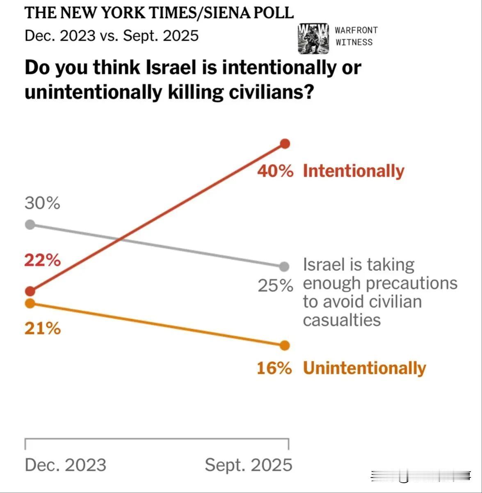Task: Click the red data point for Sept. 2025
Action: point(285,144)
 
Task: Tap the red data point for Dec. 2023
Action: point(30,291)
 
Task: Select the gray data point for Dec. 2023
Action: point(30,225)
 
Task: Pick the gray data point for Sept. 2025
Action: point(284,267)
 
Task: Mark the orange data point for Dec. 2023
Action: point(30,303)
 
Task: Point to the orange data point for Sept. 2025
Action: point(285,346)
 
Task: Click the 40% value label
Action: point(275,171)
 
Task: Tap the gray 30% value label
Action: point(42,203)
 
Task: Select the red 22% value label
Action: point(42,260)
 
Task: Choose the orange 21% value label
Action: point(42,328)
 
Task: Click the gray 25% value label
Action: point(275,286)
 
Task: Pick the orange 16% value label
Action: point(274,368)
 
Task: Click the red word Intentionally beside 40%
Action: point(354,171)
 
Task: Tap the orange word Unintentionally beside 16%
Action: point(364,368)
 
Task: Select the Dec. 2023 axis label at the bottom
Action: point(66,465)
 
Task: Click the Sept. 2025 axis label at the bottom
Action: point(249,465)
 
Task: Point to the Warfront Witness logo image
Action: point(313,39)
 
